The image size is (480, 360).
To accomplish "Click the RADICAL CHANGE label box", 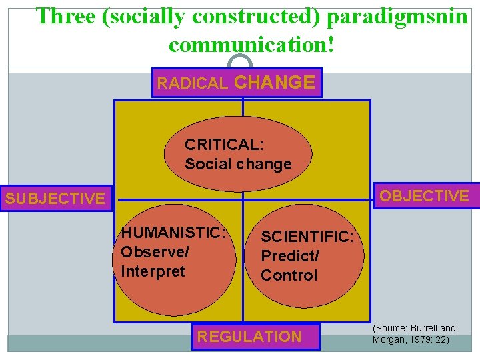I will tap(236, 83).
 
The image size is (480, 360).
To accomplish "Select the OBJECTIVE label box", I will tap(424, 196).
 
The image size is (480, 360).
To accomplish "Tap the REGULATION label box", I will tap(249, 337).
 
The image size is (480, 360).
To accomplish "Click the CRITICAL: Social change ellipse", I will tap(238, 154).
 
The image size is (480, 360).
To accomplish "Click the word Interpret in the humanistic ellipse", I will tap(153, 271).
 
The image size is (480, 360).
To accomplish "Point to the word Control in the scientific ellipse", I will tap(289, 275).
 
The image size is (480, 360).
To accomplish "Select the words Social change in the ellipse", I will tap(238, 164).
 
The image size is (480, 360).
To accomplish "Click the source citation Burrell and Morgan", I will tap(414, 333).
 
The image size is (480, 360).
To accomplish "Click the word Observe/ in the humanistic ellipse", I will tap(155, 252).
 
